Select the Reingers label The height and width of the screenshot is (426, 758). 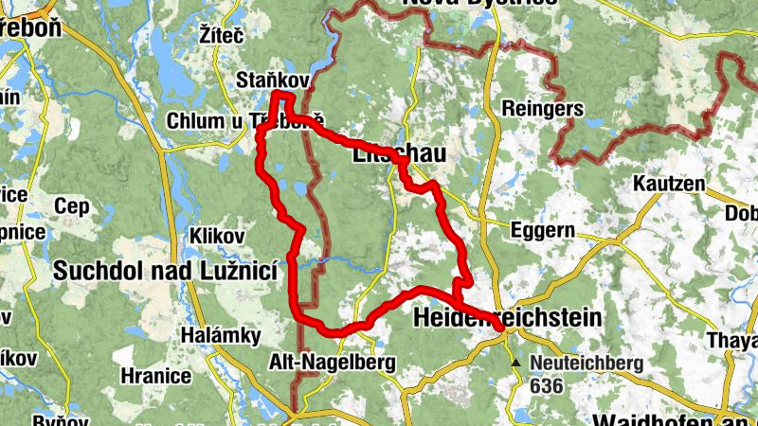[543, 108]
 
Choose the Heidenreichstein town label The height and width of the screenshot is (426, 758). [507, 319]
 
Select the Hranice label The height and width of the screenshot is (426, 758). [156, 375]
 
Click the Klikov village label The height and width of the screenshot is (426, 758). [217, 234]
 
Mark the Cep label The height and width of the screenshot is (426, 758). [71, 205]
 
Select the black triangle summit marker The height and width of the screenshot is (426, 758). [515, 363]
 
